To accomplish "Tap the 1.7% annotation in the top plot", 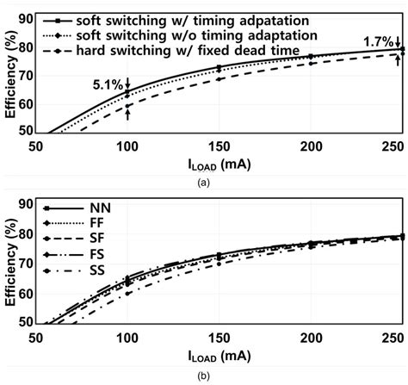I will pos(380,40).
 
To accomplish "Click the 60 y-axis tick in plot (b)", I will pos(28,294).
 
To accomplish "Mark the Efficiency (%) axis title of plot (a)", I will pos(10,73).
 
